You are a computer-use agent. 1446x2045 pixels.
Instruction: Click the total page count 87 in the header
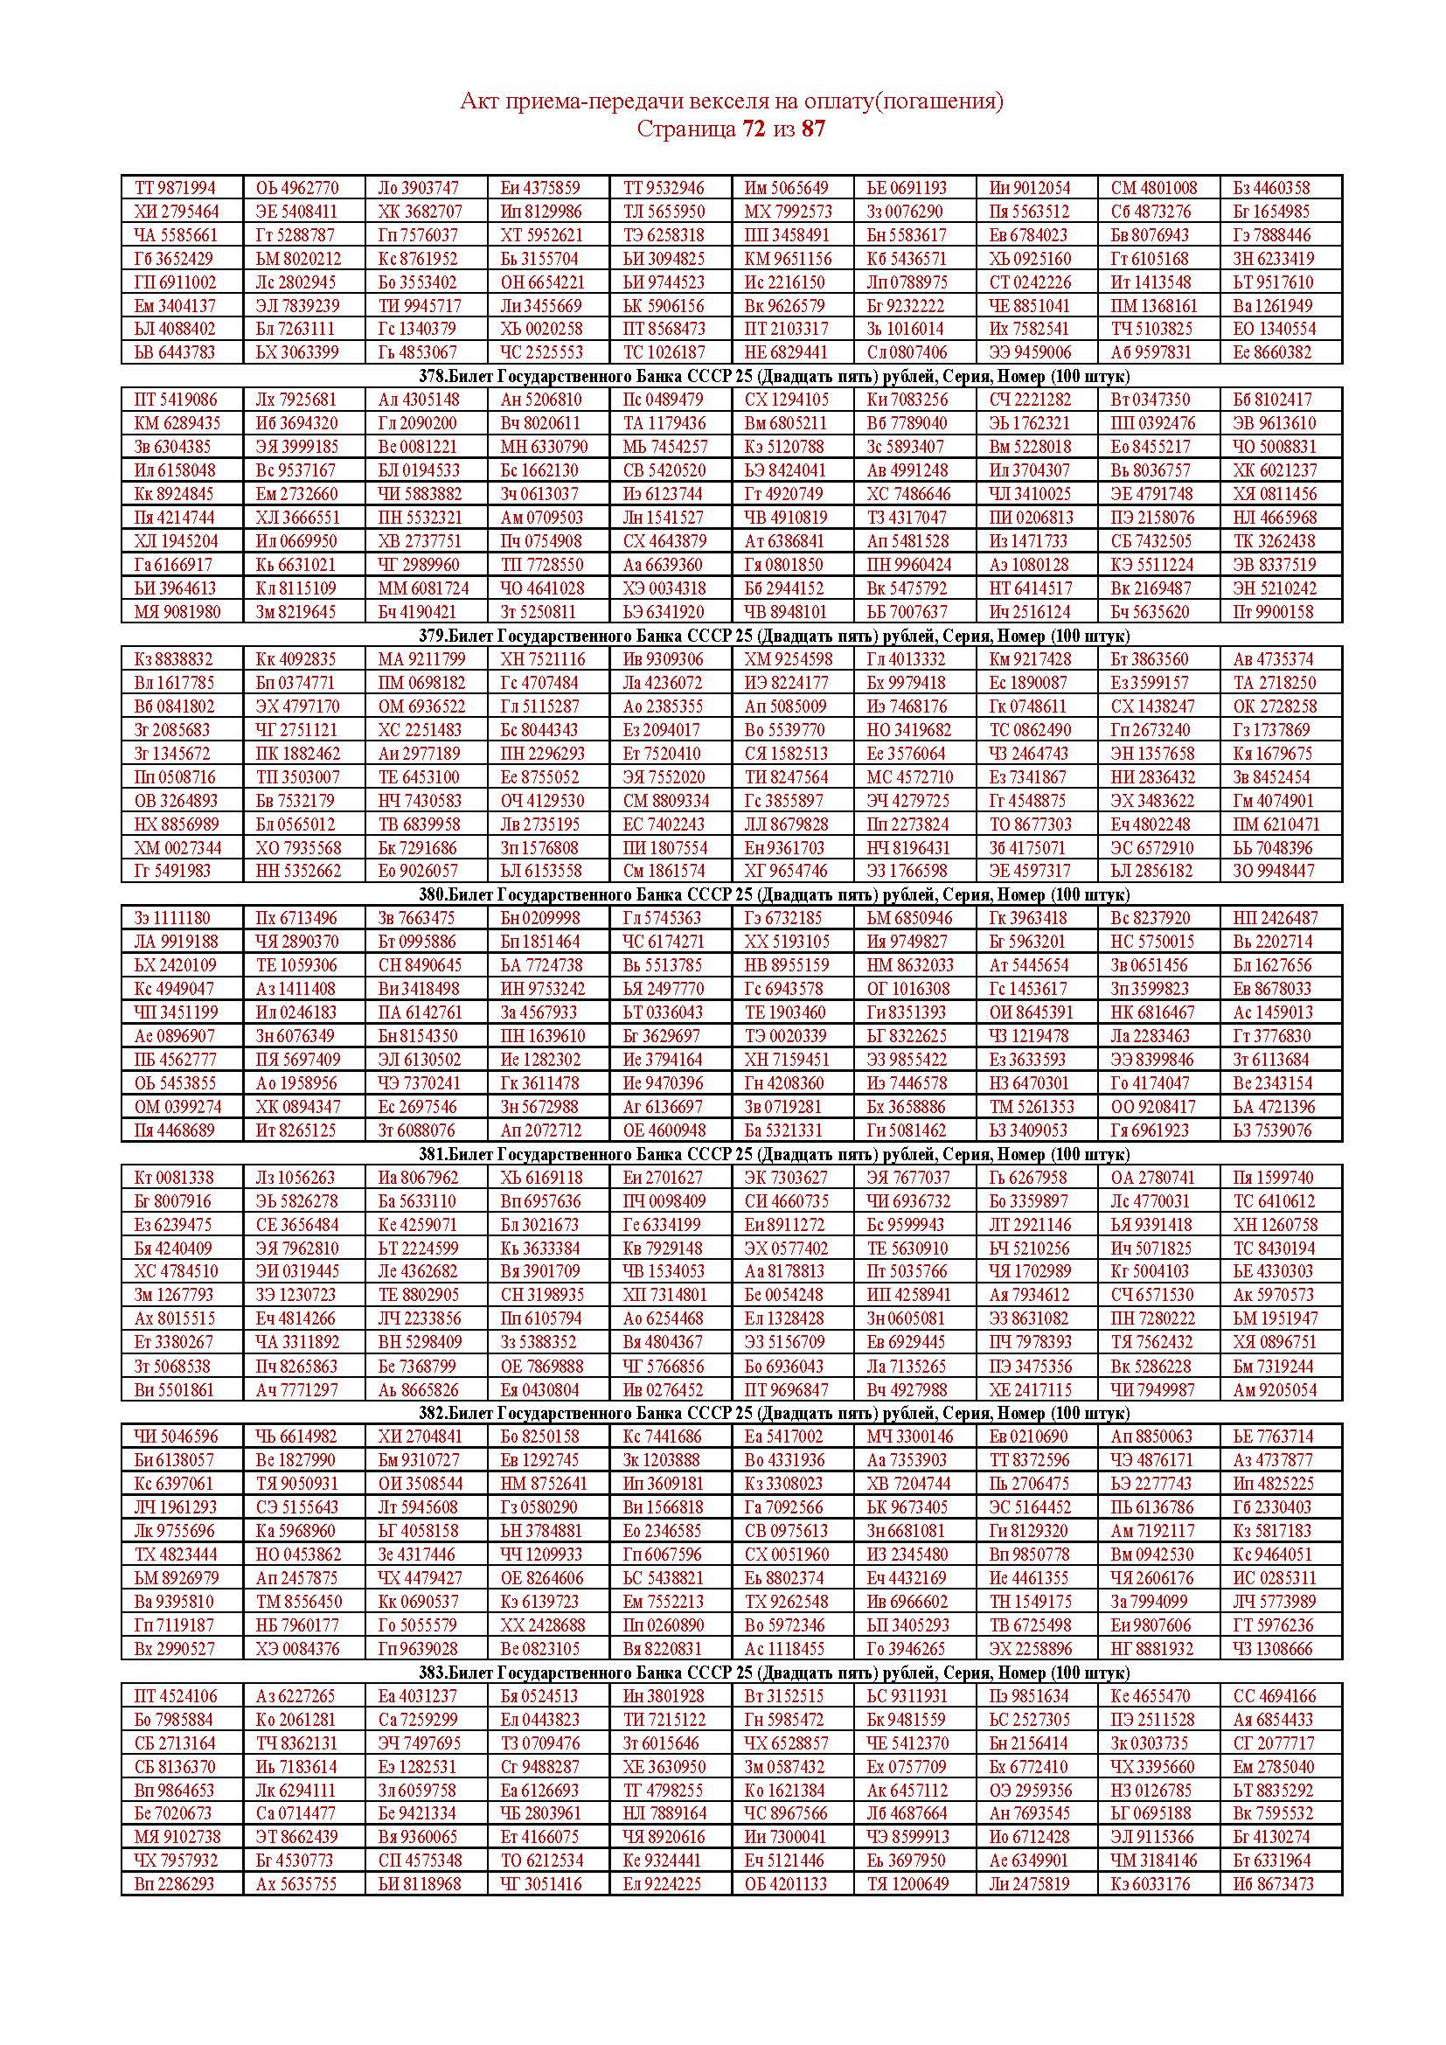813,129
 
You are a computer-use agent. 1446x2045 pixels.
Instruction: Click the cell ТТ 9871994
176,188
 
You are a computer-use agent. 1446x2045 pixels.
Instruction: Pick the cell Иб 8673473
1273,1884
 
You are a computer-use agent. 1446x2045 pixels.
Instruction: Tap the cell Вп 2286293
175,1884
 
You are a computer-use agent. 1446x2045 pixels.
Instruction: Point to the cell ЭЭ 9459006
1030,351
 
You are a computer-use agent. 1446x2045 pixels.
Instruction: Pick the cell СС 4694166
1274,1697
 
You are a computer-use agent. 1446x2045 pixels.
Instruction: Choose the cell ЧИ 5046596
175,1436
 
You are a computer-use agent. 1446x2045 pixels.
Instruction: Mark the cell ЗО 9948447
1273,871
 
